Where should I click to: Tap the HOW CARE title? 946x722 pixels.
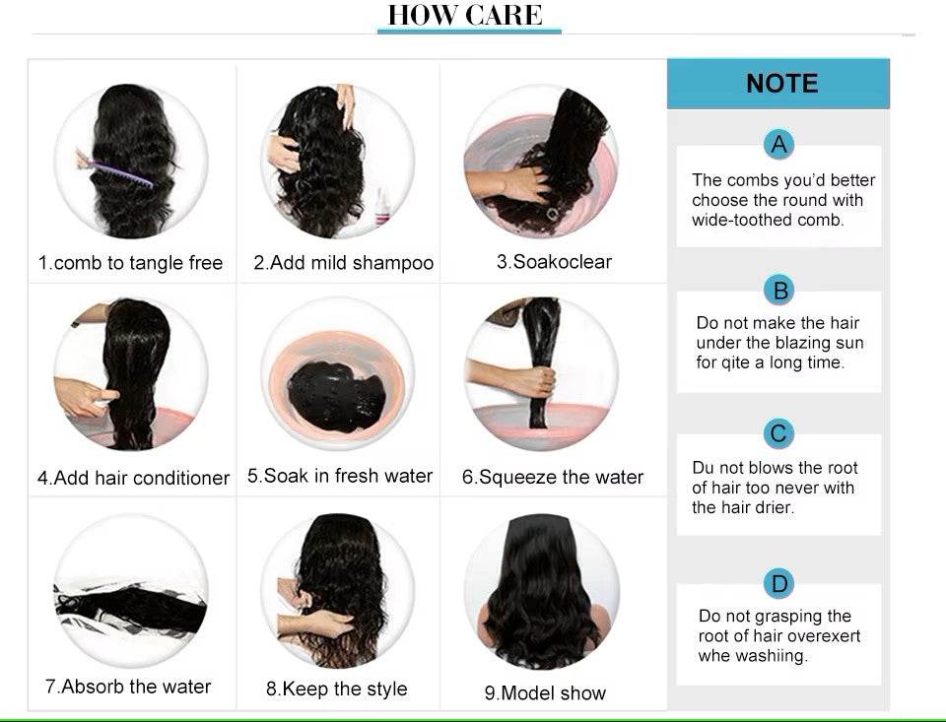465,15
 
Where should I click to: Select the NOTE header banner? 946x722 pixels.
778,84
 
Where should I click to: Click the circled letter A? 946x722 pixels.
778,145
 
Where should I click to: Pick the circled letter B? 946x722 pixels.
779,291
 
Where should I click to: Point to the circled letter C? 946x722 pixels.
778,433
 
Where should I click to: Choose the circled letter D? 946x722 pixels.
778,583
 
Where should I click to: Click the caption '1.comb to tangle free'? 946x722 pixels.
130,263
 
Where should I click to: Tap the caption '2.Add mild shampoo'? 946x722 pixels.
343,263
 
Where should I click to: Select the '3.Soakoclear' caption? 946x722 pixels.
554,262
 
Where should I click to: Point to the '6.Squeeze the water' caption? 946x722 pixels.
553,477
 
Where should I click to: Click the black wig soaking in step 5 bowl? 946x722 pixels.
336,396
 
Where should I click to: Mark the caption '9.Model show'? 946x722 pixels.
545,693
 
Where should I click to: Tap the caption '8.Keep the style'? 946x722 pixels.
337,689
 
